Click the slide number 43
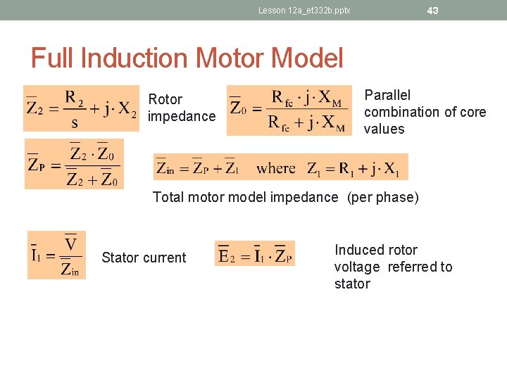coord(433,11)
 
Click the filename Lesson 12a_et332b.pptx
coord(304,11)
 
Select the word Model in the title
coord(307,58)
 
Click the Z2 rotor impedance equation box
coord(82,108)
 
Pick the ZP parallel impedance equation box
coord(74,164)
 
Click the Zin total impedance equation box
coord(280,167)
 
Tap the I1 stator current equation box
coord(56,255)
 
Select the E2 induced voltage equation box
coord(255,254)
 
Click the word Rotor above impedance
coord(165,99)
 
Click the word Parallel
coord(387,95)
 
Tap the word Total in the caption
coord(168,197)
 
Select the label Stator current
coord(144,258)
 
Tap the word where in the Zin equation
coord(276,168)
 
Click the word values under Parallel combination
coord(384,129)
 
